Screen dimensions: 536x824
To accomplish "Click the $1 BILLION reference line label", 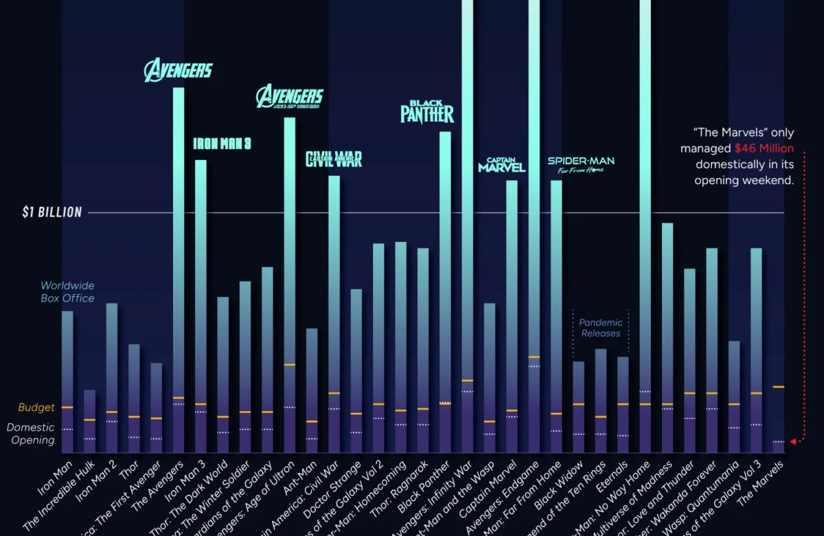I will point(51,212).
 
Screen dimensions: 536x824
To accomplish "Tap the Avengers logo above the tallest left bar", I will point(179,70).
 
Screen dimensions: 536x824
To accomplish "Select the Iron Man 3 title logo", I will point(222,144).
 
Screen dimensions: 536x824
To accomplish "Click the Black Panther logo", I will point(427,111).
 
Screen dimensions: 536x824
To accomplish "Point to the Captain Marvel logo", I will point(502,165).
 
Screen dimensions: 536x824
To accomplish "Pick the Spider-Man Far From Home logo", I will point(581,165).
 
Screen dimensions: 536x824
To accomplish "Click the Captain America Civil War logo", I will point(334,159).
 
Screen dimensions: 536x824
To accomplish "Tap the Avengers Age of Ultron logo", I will point(289,97).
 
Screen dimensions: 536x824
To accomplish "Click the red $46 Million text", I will point(764,148).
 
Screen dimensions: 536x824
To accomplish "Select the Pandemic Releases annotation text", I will point(600,328).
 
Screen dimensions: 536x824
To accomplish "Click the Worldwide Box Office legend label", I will point(67,291).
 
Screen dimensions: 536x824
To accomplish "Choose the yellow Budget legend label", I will point(36,407).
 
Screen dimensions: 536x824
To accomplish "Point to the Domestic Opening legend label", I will point(32,434).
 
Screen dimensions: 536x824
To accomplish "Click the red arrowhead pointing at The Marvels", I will point(793,441).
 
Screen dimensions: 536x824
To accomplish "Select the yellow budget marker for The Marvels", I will point(778,387).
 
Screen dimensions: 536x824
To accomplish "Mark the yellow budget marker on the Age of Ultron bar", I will point(289,364).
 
